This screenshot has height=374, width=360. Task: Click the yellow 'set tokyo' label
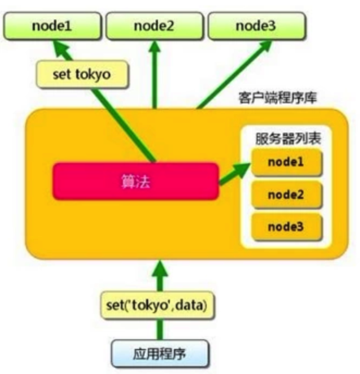[82, 74]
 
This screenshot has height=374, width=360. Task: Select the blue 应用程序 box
[159, 354]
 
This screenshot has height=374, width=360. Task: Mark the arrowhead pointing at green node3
[268, 48]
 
